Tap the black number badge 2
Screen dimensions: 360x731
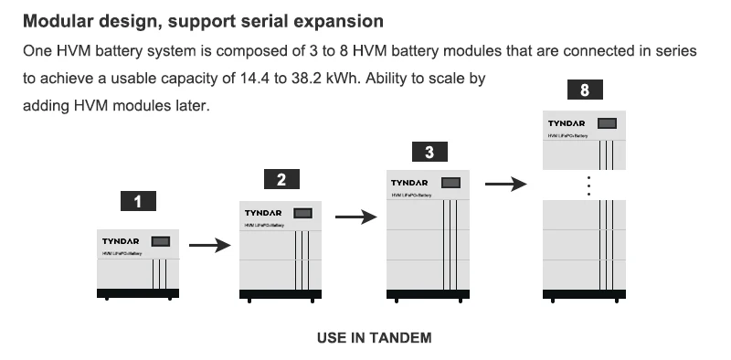point(281,179)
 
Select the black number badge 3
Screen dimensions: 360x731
point(429,152)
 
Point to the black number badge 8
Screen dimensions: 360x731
point(585,90)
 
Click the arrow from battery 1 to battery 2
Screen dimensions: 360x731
point(207,245)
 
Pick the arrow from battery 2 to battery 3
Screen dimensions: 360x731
point(355,217)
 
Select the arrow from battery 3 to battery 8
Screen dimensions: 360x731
point(505,184)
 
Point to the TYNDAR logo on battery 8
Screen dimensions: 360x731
point(567,122)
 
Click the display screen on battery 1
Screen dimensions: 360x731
point(160,241)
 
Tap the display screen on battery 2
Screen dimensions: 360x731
point(304,214)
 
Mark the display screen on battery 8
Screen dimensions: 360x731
point(605,122)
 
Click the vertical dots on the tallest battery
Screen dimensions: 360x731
point(589,185)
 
